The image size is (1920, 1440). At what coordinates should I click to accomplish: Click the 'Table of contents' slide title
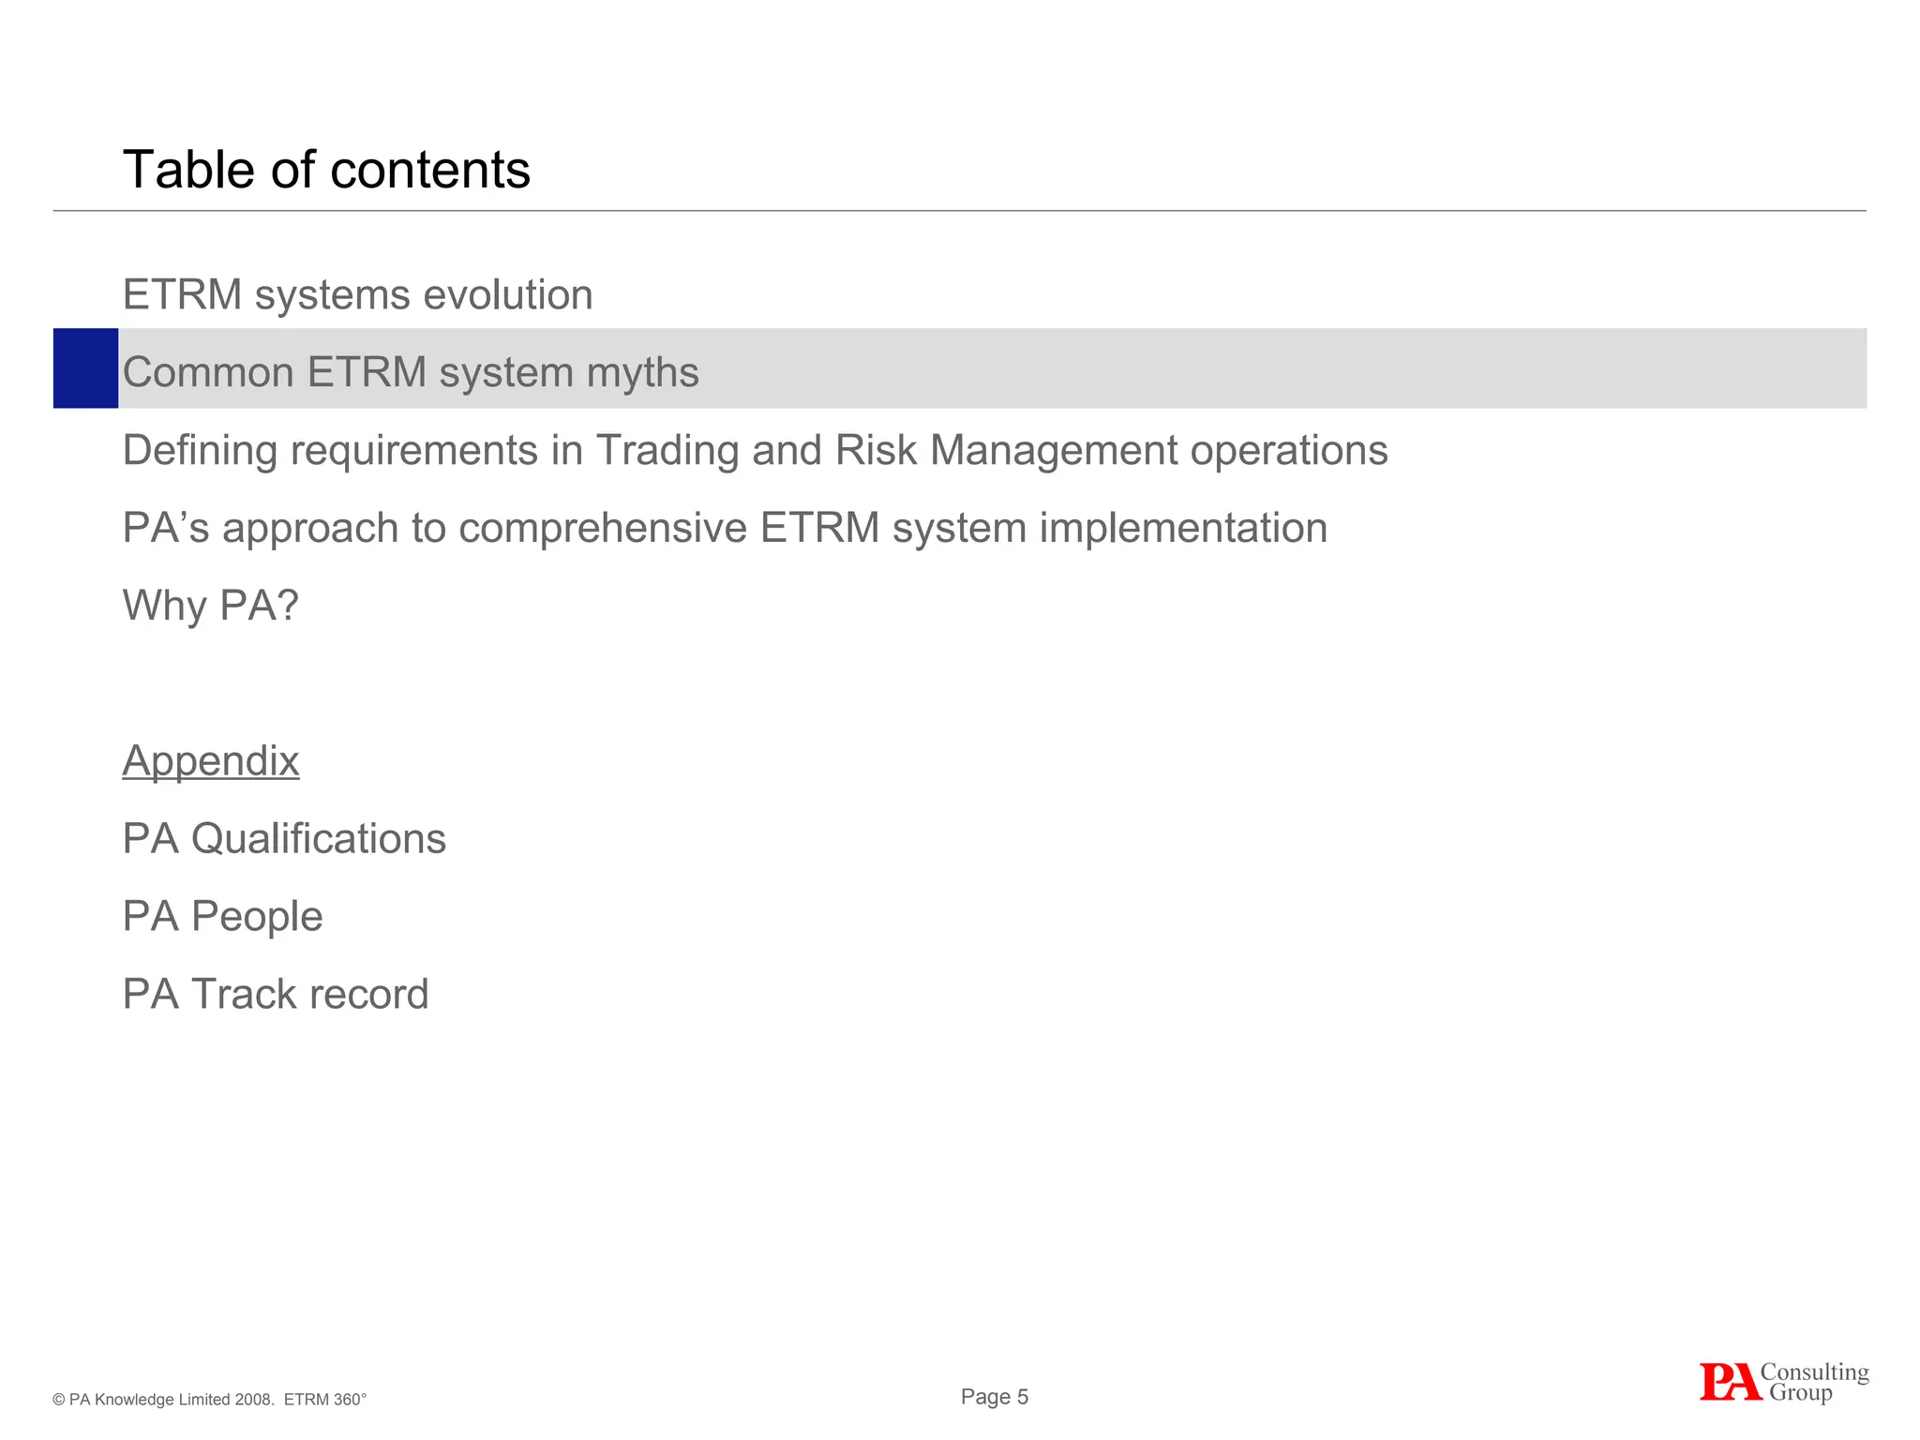tap(326, 170)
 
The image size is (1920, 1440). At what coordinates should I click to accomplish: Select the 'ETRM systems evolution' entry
tap(357, 294)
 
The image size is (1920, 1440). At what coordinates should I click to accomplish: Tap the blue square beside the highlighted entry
tap(85, 368)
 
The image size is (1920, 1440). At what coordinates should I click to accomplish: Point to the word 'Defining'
tap(200, 450)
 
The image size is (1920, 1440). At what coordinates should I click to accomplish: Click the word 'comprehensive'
tap(603, 528)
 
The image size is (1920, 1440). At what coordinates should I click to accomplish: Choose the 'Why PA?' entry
tap(211, 606)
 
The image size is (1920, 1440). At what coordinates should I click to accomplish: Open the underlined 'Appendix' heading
tap(211, 760)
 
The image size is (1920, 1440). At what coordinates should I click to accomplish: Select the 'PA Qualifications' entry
tap(284, 838)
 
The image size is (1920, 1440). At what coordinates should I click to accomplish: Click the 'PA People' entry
tap(222, 916)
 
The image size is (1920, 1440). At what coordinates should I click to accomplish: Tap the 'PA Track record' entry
tap(276, 994)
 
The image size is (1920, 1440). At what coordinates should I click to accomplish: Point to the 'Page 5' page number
tap(995, 1397)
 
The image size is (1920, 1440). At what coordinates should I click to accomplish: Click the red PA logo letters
tap(1729, 1382)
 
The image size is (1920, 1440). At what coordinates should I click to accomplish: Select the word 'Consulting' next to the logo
tap(1814, 1372)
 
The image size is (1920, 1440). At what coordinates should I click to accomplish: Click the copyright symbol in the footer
tap(59, 1400)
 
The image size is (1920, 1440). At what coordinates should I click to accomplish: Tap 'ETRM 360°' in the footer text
tap(324, 1400)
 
